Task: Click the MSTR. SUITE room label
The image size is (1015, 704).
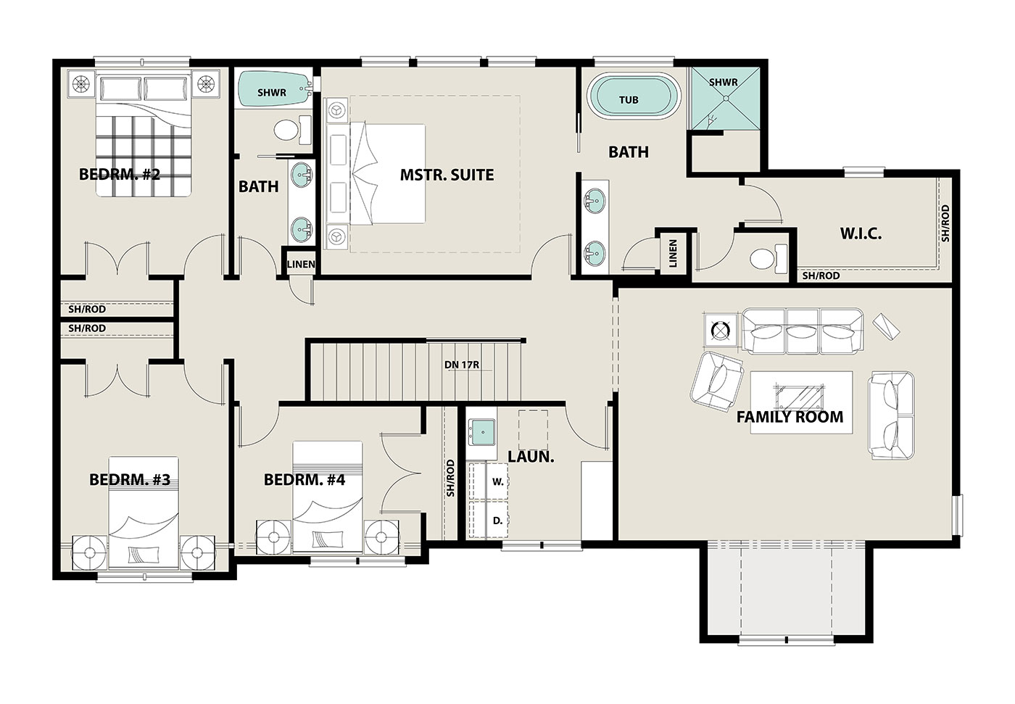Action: pos(447,175)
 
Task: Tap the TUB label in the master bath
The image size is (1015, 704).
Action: pos(629,99)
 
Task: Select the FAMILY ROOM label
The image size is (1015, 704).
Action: pos(790,417)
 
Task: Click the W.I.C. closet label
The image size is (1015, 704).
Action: pos(861,233)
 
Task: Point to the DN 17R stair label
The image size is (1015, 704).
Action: pos(462,364)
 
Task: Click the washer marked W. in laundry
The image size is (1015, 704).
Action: pos(488,481)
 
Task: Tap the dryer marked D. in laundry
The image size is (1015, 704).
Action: pos(488,519)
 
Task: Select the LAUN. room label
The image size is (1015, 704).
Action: pos(531,457)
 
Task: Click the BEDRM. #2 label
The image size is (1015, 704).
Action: pos(120,175)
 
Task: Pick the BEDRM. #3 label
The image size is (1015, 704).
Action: pos(130,479)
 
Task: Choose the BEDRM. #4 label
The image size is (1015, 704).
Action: pos(304,479)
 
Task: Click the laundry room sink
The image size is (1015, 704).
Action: pos(481,431)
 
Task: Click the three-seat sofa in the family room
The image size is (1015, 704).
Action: pos(803,331)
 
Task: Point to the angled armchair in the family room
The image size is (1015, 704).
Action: pos(716,381)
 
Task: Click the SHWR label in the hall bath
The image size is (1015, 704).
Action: pos(272,93)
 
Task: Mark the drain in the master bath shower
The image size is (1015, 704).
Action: pos(726,99)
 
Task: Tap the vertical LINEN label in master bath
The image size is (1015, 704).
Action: pos(673,254)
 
